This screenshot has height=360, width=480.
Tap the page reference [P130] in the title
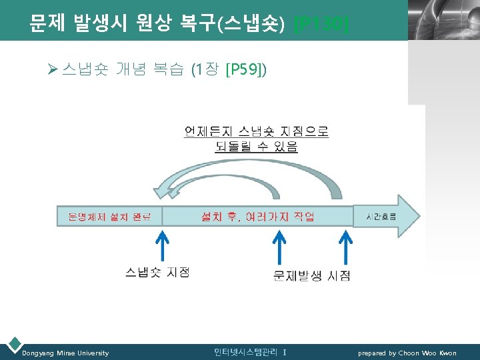(x=321, y=25)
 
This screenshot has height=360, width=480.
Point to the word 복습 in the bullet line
(x=167, y=69)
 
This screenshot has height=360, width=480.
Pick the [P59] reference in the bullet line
(x=246, y=69)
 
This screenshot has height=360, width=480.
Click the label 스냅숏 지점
(x=157, y=272)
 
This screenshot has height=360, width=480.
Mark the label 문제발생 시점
(x=312, y=275)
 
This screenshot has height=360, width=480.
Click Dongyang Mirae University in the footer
(x=65, y=353)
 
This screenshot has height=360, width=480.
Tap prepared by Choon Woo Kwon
(x=407, y=353)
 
